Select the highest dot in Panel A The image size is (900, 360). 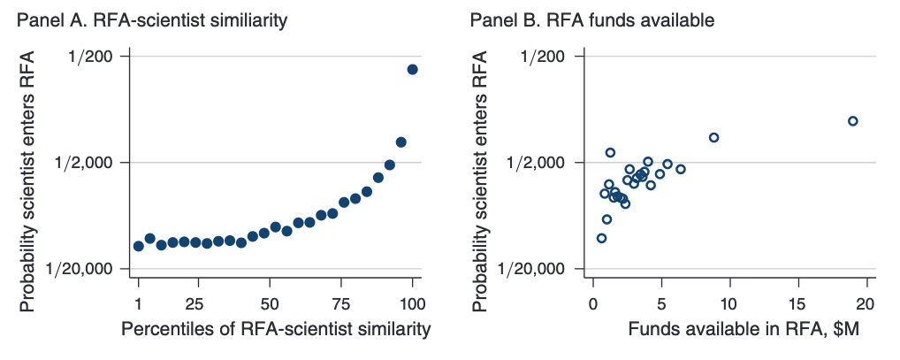click(x=412, y=69)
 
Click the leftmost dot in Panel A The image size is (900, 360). click(x=138, y=246)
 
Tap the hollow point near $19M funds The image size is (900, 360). click(x=852, y=121)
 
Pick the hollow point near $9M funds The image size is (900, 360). click(x=713, y=137)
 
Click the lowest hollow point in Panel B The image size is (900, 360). click(x=601, y=238)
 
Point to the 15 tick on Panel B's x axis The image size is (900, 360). click(x=797, y=304)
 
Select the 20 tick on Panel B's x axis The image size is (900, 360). click(x=866, y=304)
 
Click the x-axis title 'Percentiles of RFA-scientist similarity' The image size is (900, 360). click(x=275, y=330)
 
